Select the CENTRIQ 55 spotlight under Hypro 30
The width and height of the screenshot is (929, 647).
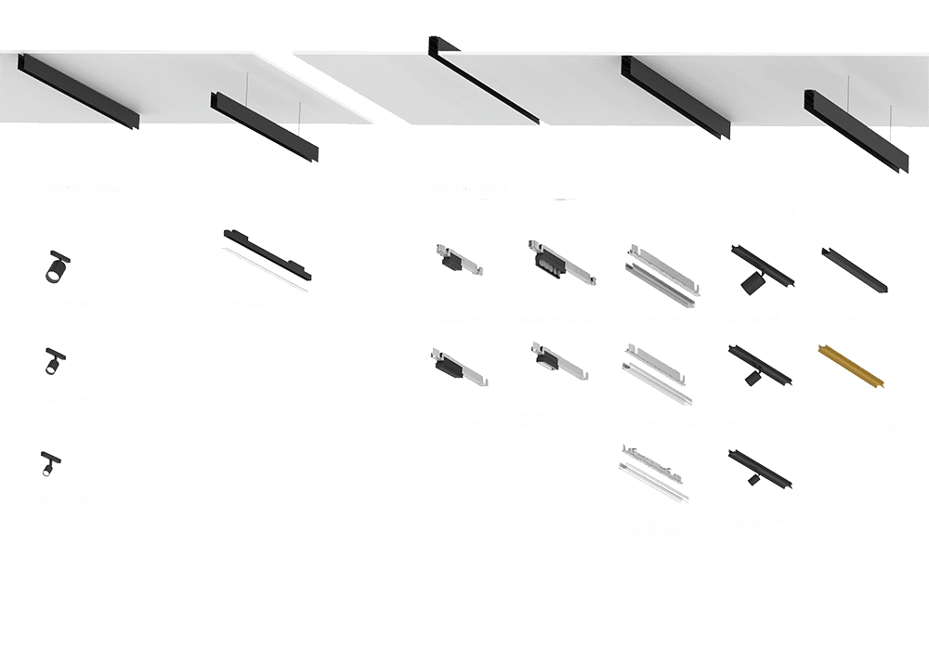[x=57, y=268]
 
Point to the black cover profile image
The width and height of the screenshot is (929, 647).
[x=853, y=269]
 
